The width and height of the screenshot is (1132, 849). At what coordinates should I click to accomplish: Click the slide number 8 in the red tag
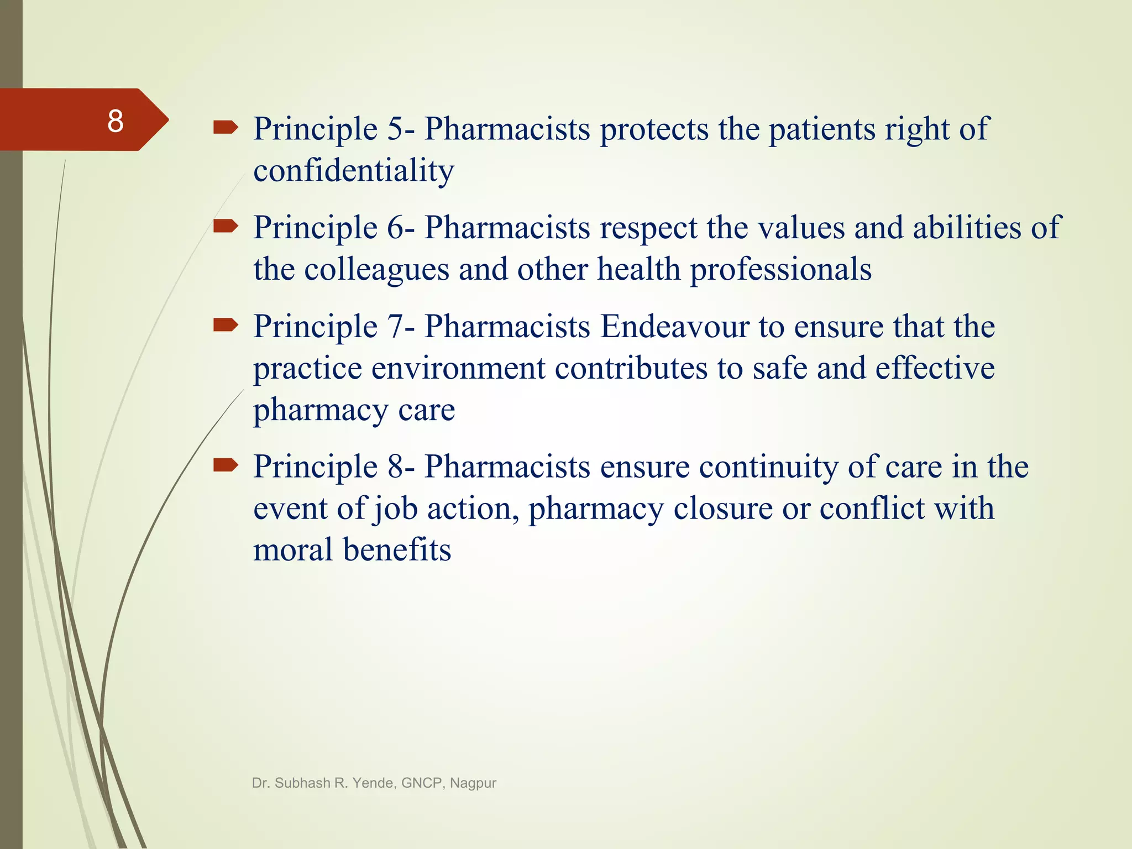115,121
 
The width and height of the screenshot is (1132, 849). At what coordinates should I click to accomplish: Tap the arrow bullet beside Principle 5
226,128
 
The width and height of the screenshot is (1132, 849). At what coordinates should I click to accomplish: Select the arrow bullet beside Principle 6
226,226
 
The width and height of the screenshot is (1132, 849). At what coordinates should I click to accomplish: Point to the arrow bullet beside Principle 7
226,325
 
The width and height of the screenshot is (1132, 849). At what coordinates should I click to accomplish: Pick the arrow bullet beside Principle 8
226,465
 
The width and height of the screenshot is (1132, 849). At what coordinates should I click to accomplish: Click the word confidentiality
353,170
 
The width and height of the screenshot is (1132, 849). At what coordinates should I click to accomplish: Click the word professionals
780,270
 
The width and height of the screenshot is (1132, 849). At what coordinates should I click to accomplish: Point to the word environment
458,368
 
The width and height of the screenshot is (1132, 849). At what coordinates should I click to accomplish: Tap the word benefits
397,550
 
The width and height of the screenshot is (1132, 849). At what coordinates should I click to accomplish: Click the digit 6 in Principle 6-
396,228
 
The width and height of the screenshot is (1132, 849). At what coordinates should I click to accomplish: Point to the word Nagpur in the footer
473,783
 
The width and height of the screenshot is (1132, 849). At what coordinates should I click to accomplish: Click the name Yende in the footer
374,783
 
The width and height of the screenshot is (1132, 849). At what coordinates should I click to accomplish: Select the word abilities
966,228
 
